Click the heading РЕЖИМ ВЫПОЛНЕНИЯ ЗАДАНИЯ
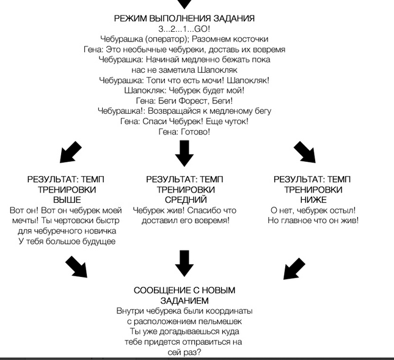(184, 18)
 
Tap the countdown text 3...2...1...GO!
(184, 29)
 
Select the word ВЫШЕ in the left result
(67, 200)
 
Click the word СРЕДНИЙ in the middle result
(186, 200)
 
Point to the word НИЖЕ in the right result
(313, 200)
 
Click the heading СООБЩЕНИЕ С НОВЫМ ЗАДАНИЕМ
(184, 295)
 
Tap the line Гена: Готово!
(184, 132)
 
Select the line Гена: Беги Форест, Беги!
(184, 101)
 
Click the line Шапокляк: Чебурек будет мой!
(184, 90)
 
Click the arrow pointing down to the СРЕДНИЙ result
(184, 153)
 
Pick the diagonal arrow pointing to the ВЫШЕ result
(71, 152)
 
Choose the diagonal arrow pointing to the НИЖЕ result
(304, 152)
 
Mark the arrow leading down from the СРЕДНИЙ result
(184, 263)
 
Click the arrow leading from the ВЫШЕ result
(76, 266)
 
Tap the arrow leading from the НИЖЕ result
(294, 268)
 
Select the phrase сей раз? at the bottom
(184, 353)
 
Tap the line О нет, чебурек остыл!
(313, 210)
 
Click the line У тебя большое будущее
(67, 241)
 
